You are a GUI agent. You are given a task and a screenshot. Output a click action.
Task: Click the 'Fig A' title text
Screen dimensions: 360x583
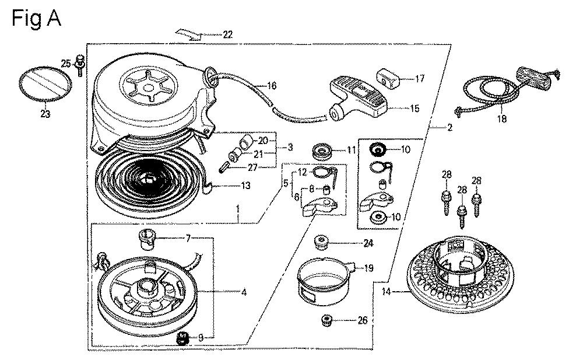pyautogui.click(x=36, y=19)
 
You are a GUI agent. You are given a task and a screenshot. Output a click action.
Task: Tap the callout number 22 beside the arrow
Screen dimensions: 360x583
pyautogui.click(x=227, y=35)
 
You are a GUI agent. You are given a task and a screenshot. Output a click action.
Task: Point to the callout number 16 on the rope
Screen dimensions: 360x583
pyautogui.click(x=271, y=86)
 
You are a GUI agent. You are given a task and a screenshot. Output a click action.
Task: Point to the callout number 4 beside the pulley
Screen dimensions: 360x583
pyautogui.click(x=244, y=292)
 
